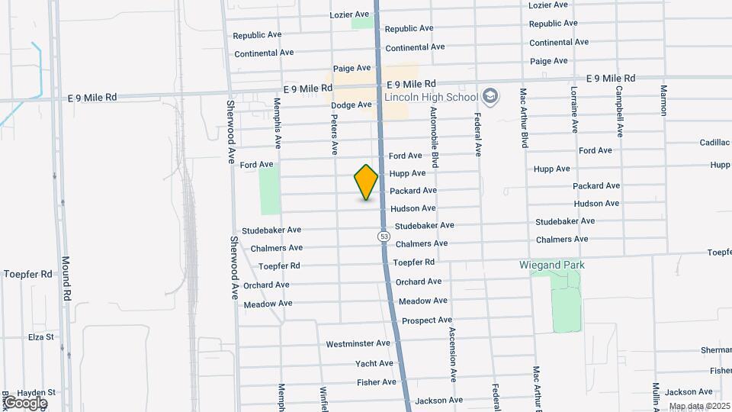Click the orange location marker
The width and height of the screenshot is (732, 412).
(x=367, y=182)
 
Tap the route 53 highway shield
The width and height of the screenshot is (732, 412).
(x=384, y=237)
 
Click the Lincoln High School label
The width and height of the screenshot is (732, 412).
(x=431, y=98)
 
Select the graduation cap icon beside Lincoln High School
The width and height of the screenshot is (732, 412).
(x=490, y=96)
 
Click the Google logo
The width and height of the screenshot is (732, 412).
(x=24, y=402)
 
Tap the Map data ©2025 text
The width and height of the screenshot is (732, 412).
(x=699, y=406)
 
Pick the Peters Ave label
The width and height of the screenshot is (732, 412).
(x=335, y=131)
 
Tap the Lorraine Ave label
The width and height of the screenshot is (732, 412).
(x=573, y=107)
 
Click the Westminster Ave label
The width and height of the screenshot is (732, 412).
(x=358, y=344)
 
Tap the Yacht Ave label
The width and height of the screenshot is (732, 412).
(x=374, y=363)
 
